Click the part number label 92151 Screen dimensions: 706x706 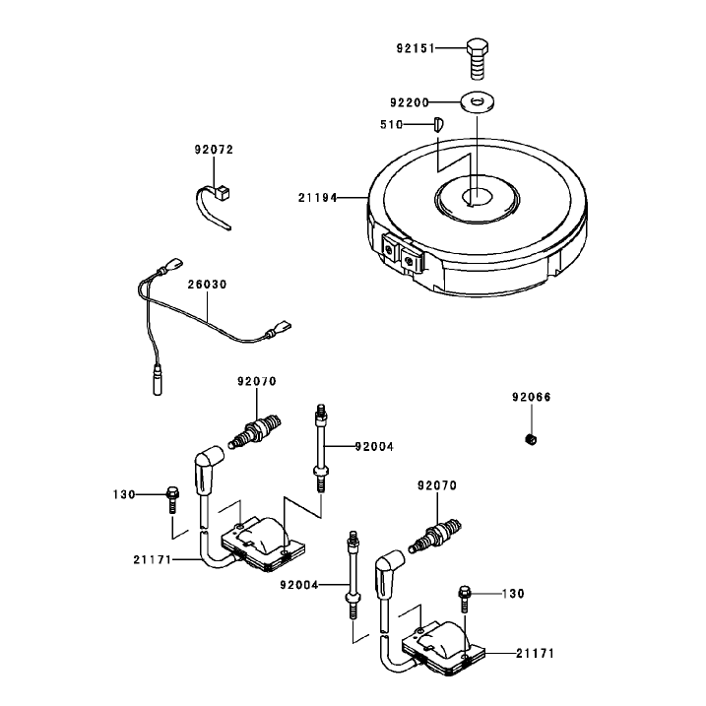pyautogui.click(x=416, y=48)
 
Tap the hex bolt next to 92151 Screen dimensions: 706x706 pyautogui.click(x=478, y=59)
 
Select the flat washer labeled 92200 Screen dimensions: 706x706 pyautogui.click(x=478, y=102)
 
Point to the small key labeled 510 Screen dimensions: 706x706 pyautogui.click(x=438, y=124)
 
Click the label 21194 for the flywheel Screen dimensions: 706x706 pyautogui.click(x=317, y=198)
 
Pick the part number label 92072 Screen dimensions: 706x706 pyautogui.click(x=214, y=150)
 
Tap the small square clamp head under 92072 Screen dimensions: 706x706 pyautogui.click(x=223, y=193)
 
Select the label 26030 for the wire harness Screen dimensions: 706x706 pyautogui.click(x=207, y=285)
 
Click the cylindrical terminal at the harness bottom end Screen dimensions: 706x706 pyautogui.click(x=158, y=380)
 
